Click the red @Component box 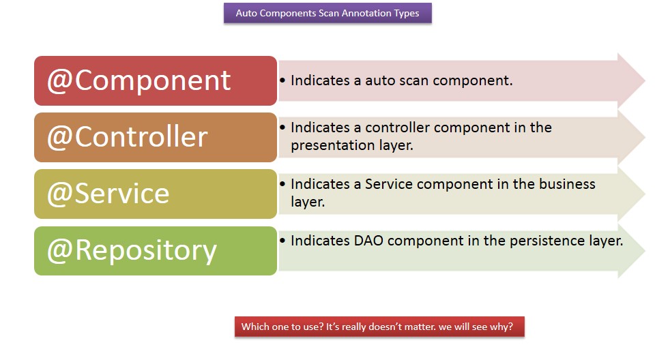tap(156, 80)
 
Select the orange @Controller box tap(156, 138)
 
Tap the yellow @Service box tap(156, 194)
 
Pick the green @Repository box tap(156, 251)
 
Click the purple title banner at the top tap(327, 13)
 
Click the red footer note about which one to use tap(379, 327)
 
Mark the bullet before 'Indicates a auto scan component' tap(282, 80)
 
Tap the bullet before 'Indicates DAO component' tap(282, 240)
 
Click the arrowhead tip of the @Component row tap(645, 80)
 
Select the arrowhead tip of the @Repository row tap(645, 251)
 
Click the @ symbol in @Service tap(60, 194)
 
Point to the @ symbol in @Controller tap(60, 138)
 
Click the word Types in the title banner tap(406, 14)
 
